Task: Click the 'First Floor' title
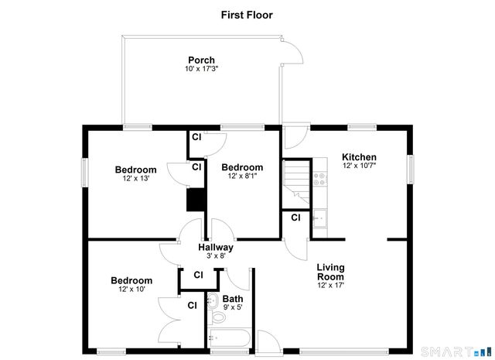point(247,15)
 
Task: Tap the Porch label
point(201,60)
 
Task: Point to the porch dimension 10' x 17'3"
point(201,70)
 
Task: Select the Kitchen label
point(359,157)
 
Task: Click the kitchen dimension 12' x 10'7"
point(359,166)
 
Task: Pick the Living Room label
point(330,272)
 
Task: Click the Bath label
point(232,298)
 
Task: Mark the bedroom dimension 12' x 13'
point(135,179)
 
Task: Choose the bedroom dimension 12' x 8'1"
point(242,177)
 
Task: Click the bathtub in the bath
point(228,338)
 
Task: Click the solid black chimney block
point(196,201)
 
